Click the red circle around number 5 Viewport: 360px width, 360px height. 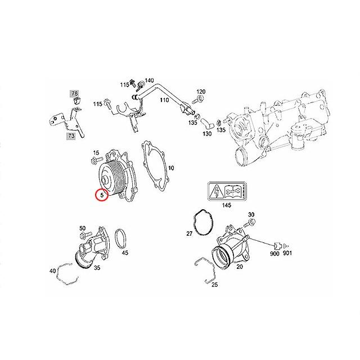click(x=101, y=196)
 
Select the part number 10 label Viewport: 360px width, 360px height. click(x=171, y=167)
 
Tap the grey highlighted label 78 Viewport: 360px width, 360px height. click(x=74, y=93)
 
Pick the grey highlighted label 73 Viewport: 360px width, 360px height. click(x=71, y=136)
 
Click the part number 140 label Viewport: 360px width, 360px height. click(x=148, y=81)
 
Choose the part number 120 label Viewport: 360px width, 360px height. click(x=201, y=91)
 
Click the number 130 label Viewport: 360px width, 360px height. click(x=207, y=134)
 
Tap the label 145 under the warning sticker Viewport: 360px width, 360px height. click(x=226, y=205)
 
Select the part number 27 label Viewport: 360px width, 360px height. click(x=190, y=232)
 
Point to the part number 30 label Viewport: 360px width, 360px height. click(x=251, y=214)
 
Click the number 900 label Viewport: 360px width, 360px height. click(x=274, y=254)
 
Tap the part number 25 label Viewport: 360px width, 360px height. click(x=214, y=285)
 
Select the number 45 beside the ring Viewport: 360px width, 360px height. click(x=125, y=253)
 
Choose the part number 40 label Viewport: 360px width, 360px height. click(x=53, y=271)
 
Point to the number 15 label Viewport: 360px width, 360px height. click(x=96, y=153)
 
